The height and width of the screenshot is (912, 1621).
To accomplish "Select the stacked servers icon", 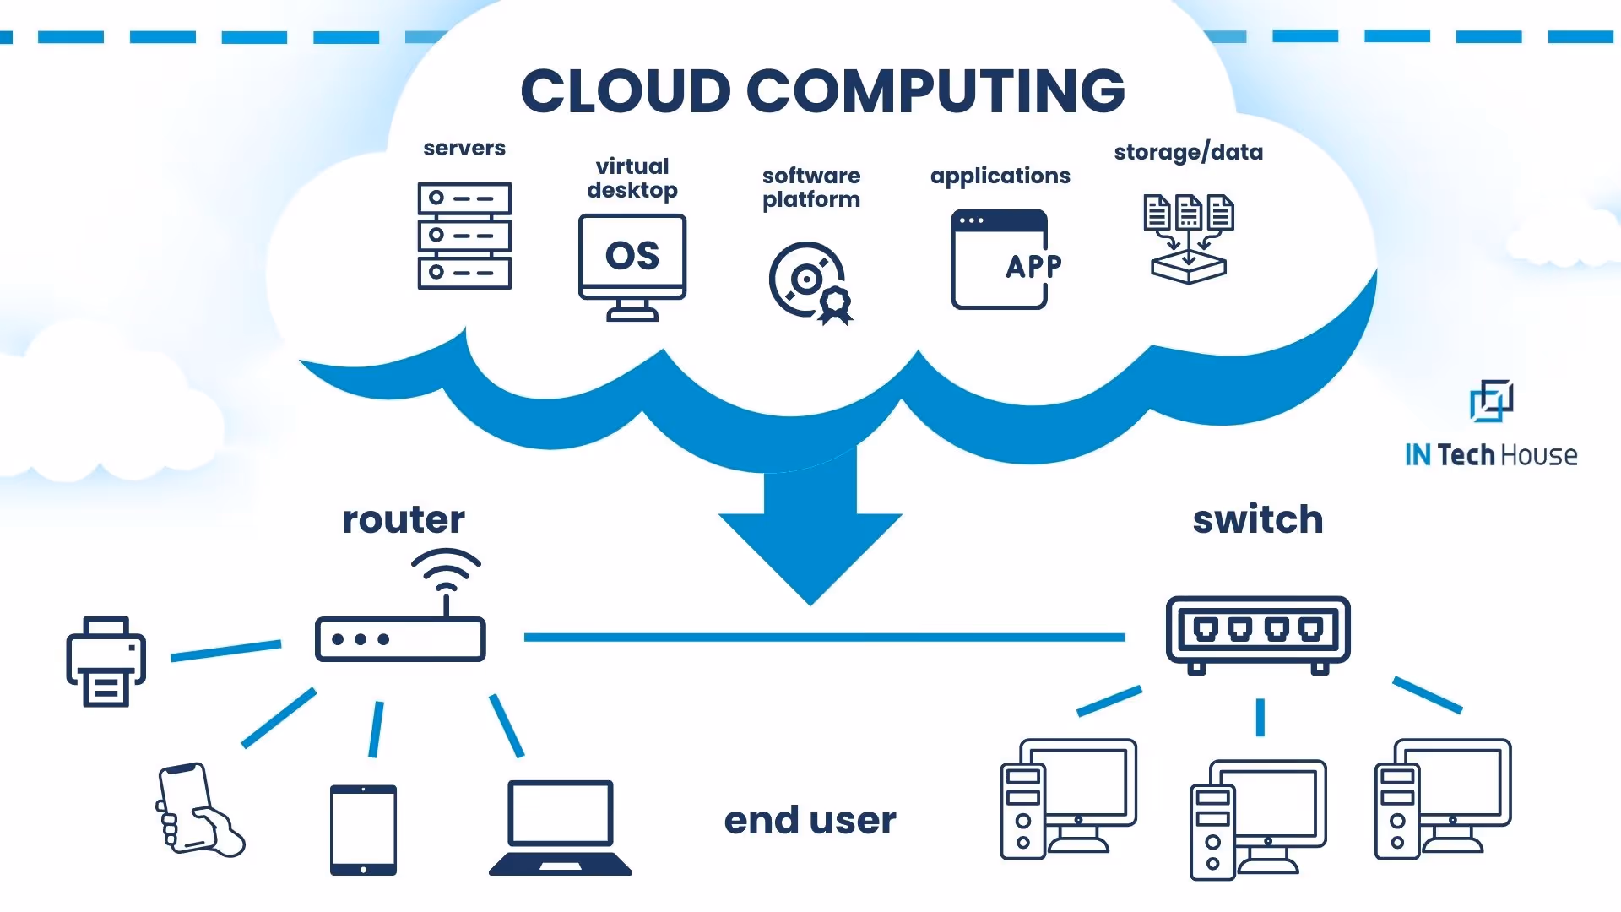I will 464,236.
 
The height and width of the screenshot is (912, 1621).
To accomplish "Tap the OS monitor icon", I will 632,266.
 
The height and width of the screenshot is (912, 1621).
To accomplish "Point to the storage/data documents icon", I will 1188,238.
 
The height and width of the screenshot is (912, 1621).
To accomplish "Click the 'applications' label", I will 1000,176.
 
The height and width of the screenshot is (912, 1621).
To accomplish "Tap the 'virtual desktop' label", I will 632,178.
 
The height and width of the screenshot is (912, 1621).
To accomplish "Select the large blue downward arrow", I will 810,532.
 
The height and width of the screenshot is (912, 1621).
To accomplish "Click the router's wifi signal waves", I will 446,569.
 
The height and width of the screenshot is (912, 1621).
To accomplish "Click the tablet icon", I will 363,829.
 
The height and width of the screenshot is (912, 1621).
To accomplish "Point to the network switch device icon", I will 1258,633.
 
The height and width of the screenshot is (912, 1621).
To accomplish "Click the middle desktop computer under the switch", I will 1258,819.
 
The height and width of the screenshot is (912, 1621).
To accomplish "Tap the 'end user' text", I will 810,820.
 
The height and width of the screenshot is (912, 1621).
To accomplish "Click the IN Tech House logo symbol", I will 1491,400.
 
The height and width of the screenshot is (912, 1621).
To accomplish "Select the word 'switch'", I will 1257,519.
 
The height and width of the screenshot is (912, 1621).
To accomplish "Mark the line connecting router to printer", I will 225,650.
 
